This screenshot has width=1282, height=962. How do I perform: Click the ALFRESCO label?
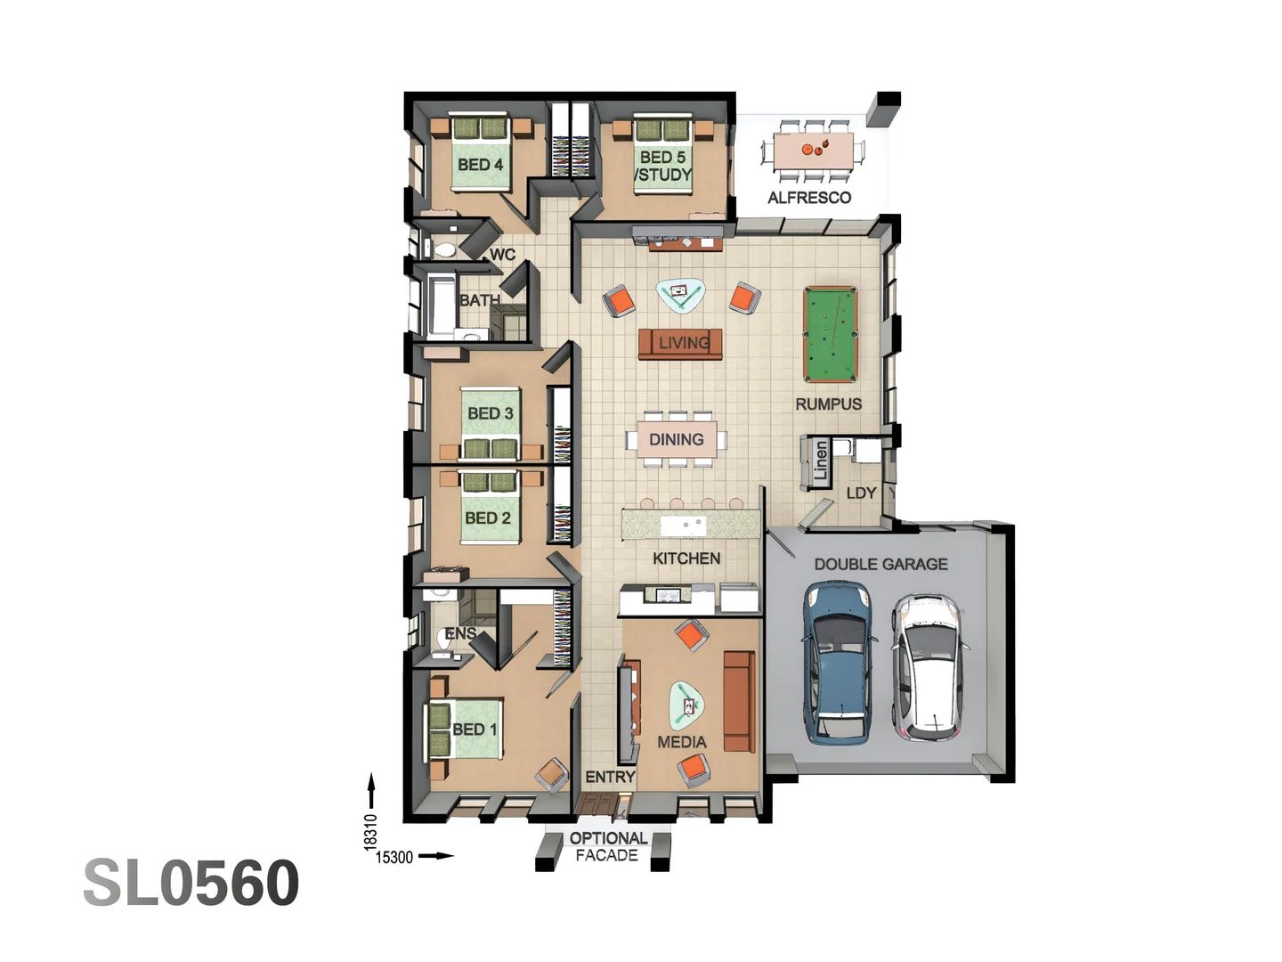pos(809,198)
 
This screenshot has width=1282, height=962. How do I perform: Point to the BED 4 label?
pos(480,165)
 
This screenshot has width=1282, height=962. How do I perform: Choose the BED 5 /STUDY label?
pos(663,166)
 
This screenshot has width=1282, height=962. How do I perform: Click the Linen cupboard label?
pos(820,462)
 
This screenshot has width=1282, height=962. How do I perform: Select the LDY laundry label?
pos(861,493)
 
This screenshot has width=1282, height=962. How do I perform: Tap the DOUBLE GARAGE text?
pos(880,564)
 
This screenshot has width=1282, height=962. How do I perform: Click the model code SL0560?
pos(191,883)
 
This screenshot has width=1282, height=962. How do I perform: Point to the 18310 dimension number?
pos(371,832)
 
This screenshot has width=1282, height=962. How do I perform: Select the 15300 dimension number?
pos(394,857)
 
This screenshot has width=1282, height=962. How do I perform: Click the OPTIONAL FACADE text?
pos(608,846)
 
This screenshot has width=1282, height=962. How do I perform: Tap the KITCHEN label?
pos(686,558)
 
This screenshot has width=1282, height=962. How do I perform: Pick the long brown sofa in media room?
pos(738,701)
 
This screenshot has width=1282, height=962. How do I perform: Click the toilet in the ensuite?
pos(447,640)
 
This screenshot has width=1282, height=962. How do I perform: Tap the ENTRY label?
pos(610,777)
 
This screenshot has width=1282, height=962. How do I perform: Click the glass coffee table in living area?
pos(680,294)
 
